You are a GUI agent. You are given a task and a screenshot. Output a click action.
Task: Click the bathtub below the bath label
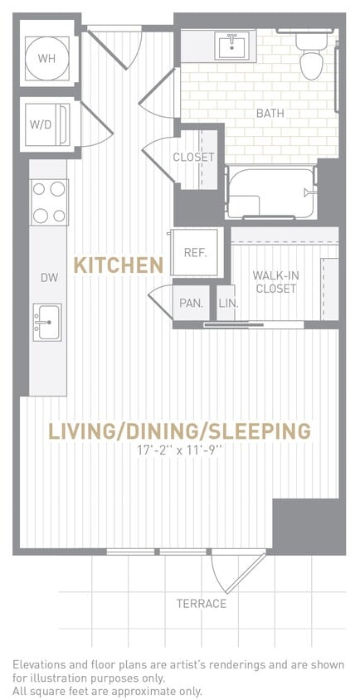pyautogui.click(x=271, y=193)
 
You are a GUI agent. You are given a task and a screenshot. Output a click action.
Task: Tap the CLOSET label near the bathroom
pyautogui.click(x=193, y=157)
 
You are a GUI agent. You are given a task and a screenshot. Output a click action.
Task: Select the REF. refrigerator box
pyautogui.click(x=195, y=253)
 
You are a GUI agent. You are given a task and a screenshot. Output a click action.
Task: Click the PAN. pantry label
pyautogui.click(x=191, y=304)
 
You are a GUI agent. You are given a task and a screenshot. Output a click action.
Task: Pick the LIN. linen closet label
pyautogui.click(x=228, y=304)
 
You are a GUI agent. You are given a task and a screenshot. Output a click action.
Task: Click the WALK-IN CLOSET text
pyautogui.click(x=275, y=281)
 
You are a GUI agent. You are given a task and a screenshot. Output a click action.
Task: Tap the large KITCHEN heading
pyautogui.click(x=118, y=265)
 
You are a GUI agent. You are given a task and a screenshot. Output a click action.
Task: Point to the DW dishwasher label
pyautogui.click(x=49, y=278)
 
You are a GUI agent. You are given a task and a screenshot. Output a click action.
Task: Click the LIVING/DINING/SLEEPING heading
pyautogui.click(x=179, y=431)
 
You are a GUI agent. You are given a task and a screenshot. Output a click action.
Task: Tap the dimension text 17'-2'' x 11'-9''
pyautogui.click(x=180, y=450)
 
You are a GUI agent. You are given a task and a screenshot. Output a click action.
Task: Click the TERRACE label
pyautogui.click(x=201, y=603)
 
